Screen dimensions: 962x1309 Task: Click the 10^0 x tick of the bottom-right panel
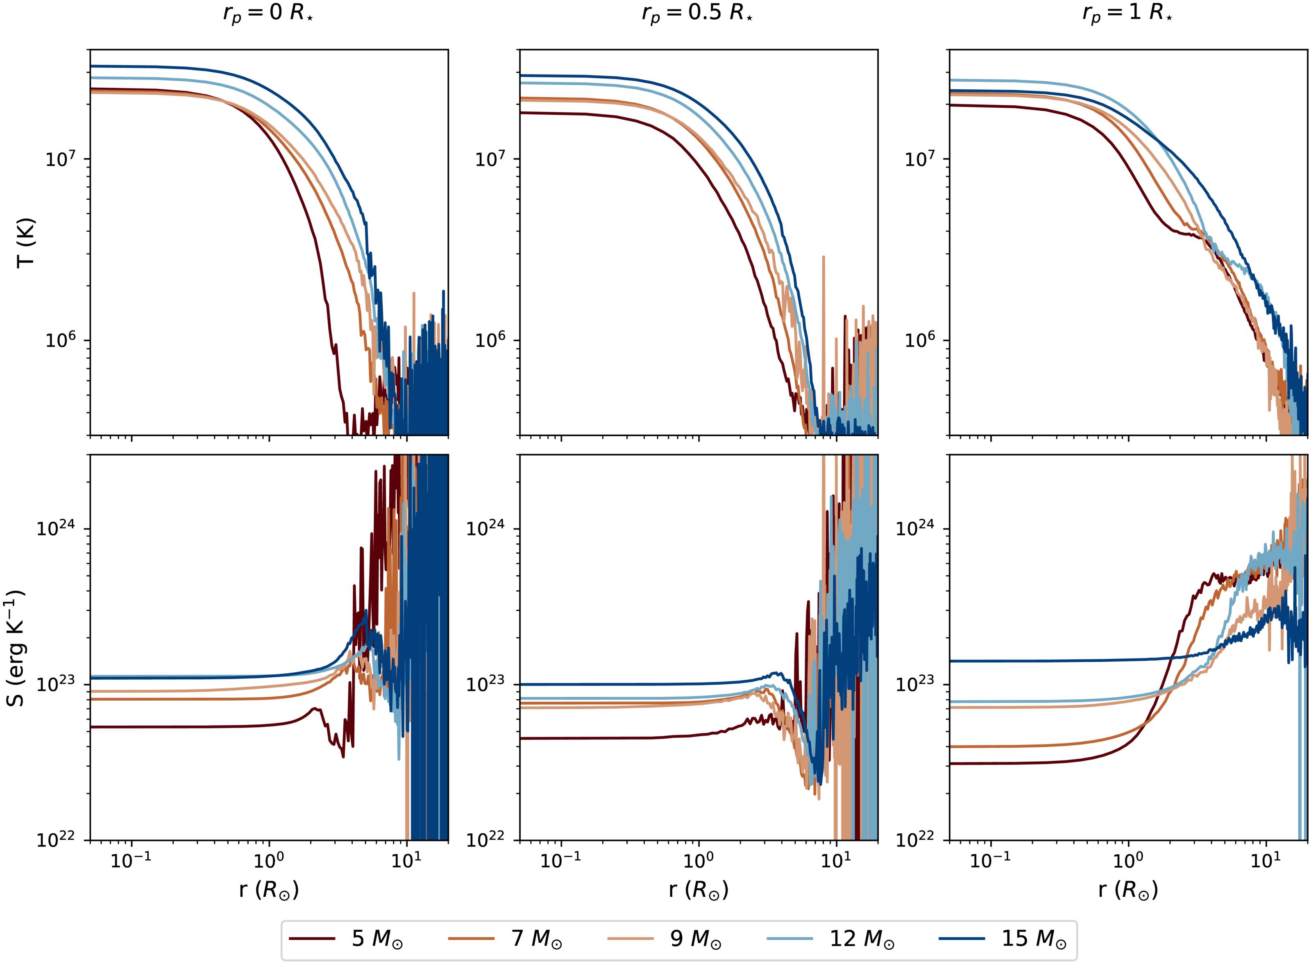[1128, 861]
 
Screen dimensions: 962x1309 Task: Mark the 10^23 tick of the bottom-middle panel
[485, 684]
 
